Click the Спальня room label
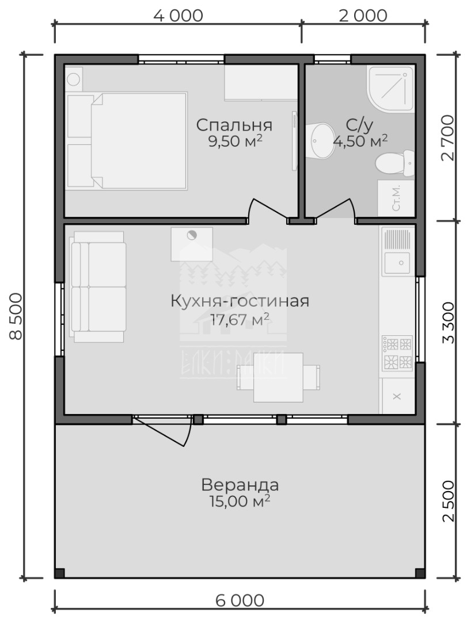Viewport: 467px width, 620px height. [x=234, y=125]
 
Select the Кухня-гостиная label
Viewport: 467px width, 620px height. [x=240, y=301]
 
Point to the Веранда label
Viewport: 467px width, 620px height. [x=240, y=484]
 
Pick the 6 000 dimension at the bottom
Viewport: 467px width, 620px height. [x=240, y=600]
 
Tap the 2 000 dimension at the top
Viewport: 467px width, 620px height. [x=363, y=16]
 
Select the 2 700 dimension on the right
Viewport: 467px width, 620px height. [x=448, y=137]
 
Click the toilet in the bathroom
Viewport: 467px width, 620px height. [x=394, y=163]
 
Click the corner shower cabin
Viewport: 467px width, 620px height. [x=390, y=88]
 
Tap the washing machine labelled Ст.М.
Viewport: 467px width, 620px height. [x=396, y=198]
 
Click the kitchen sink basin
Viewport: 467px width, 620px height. [x=397, y=262]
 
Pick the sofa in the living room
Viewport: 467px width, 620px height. [x=98, y=286]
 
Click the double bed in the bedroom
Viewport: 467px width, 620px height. [x=127, y=140]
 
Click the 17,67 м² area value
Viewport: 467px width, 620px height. [x=240, y=319]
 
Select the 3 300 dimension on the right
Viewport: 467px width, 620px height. [x=448, y=322]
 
